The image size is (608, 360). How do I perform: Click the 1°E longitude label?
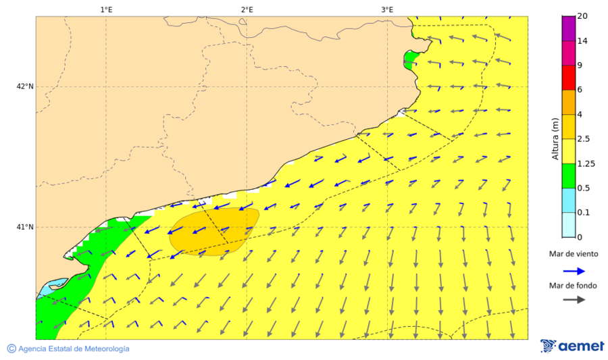(106, 9)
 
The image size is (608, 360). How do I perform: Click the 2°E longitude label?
(247, 9)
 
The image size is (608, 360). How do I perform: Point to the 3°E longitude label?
(387, 9)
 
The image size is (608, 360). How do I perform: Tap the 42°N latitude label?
(26, 86)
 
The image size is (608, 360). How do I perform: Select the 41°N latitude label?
(26, 227)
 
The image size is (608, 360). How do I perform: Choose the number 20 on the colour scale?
(583, 16)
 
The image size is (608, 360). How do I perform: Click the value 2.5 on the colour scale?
(584, 139)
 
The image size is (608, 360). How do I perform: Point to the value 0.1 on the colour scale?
(584, 213)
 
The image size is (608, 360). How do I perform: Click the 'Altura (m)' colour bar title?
(555, 138)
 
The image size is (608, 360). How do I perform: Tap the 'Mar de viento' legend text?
(574, 254)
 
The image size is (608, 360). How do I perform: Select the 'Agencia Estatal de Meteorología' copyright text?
(68, 349)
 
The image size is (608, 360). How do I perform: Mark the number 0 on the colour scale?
(580, 237)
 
